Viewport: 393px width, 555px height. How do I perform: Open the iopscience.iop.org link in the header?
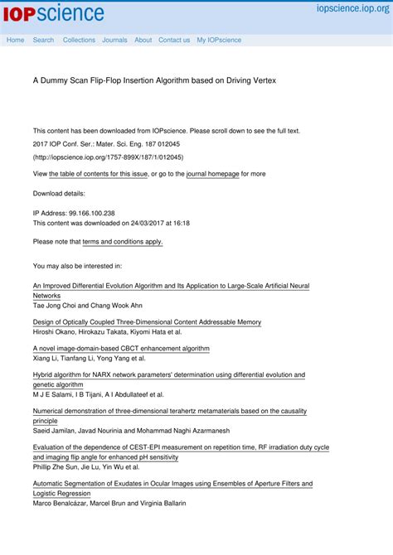tap(352, 7)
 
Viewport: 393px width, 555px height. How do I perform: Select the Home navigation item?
tap(15, 40)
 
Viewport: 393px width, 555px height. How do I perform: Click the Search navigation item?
tap(43, 40)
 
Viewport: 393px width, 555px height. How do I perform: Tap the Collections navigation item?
tap(79, 40)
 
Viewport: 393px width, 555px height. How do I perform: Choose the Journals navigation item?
tap(114, 40)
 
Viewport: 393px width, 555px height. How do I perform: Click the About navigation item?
tap(143, 40)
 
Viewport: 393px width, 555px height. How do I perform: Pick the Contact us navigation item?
tap(174, 40)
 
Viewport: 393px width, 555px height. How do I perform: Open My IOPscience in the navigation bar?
tap(219, 40)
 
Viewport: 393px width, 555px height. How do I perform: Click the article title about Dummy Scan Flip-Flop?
tap(154, 80)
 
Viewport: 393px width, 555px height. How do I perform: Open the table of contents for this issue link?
tap(98, 174)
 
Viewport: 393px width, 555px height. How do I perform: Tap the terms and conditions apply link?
tap(123, 242)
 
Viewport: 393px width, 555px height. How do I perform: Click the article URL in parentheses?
tap(108, 157)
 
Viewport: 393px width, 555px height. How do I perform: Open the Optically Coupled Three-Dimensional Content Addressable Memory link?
tap(147, 321)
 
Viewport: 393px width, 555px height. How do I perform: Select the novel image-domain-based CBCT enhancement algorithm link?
tap(121, 349)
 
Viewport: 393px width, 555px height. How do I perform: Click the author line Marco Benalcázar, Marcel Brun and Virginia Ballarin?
tap(109, 503)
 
